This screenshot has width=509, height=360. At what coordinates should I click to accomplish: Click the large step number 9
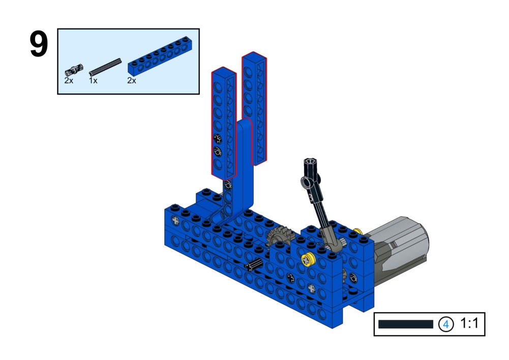(39, 44)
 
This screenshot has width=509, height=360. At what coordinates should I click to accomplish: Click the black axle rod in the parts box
(105, 67)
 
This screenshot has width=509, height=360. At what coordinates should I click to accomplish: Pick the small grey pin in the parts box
(74, 70)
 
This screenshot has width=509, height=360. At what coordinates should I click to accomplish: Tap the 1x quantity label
(93, 80)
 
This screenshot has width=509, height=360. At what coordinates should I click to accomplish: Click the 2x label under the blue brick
(132, 80)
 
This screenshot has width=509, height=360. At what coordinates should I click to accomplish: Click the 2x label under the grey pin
(69, 80)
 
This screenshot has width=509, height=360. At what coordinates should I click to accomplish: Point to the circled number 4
(446, 324)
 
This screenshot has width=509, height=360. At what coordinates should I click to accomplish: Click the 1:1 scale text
(469, 323)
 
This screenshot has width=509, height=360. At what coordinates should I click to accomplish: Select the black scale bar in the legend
(406, 324)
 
